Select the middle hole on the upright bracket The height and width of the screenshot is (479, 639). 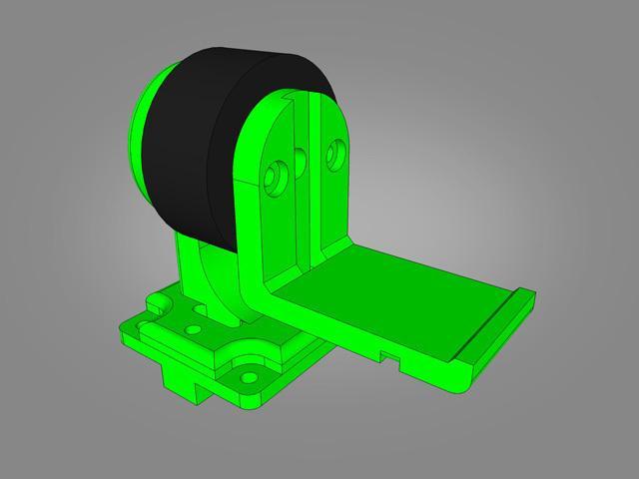[299, 159]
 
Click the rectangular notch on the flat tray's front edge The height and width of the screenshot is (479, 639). [386, 352]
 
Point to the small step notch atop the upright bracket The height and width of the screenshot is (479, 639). [290, 94]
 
